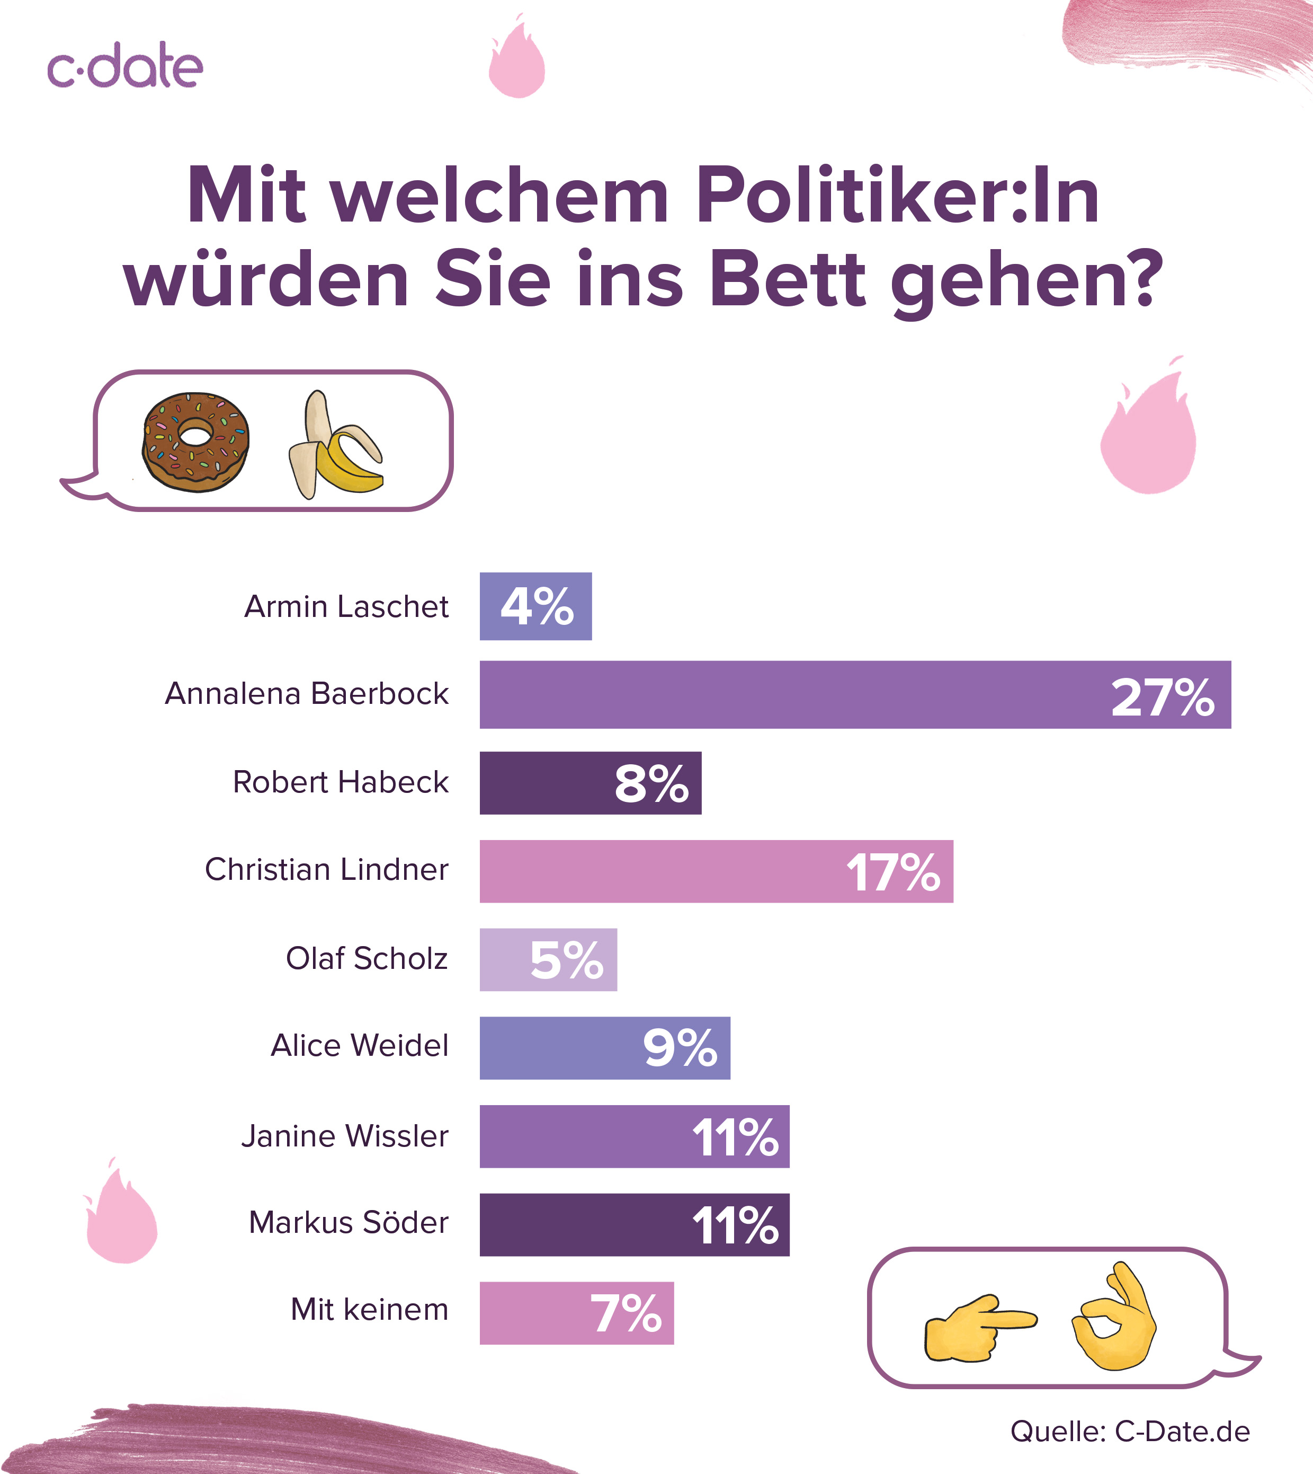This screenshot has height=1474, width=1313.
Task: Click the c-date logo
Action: tap(125, 66)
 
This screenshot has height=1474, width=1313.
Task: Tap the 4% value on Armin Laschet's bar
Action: tap(537, 606)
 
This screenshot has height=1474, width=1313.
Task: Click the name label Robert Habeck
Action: tap(341, 782)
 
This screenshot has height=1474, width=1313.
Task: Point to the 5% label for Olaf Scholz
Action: tap(566, 960)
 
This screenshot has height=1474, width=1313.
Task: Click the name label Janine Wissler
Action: tap(345, 1136)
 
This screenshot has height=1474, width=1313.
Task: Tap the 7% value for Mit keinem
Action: tap(626, 1313)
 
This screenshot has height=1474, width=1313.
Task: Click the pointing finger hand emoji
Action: tap(979, 1327)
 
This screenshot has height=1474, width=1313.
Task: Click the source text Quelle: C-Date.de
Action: tap(1130, 1431)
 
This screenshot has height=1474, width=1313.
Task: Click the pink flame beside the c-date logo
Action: tap(516, 61)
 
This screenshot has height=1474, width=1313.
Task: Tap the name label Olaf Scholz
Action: tap(367, 959)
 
